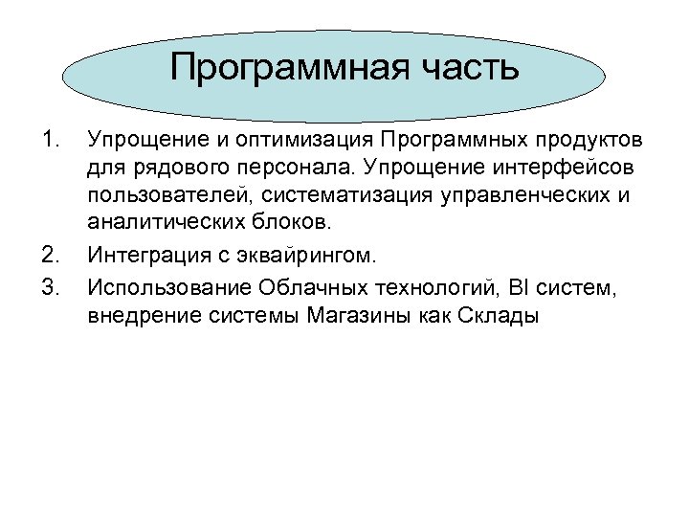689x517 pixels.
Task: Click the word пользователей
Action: click(159, 198)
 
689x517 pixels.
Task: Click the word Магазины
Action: click(357, 314)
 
